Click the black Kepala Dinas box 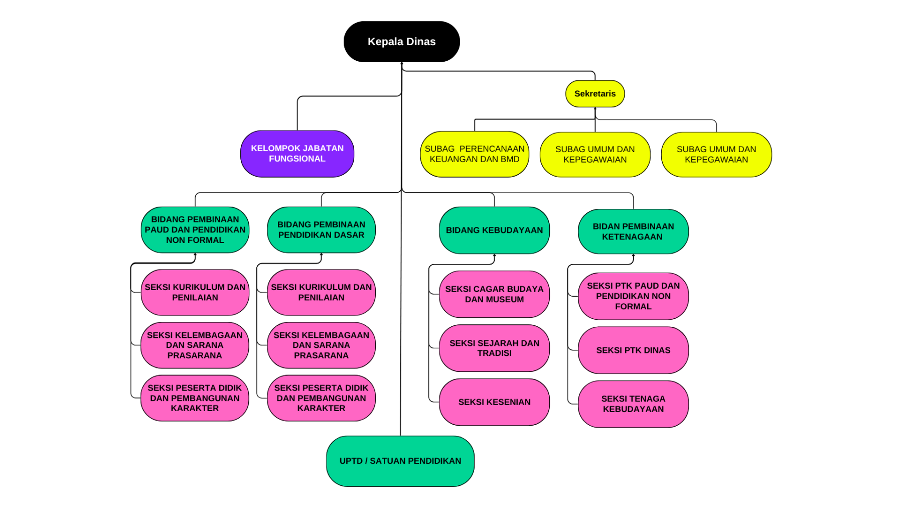401,42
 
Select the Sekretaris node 594,94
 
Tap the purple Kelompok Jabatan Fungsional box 297,154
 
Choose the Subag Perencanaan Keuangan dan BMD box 474,154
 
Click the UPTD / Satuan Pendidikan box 400,461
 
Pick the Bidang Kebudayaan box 494,230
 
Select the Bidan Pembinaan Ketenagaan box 633,231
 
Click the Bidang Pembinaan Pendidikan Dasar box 321,230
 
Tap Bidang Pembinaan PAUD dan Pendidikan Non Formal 195,230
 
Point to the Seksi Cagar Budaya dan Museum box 494,294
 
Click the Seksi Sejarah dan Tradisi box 494,348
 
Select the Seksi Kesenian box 494,402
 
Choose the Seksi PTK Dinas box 633,350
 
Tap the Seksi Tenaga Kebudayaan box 633,404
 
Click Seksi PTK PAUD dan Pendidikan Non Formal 633,296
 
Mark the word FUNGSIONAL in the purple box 297,159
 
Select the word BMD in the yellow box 510,160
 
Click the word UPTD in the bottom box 351,461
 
